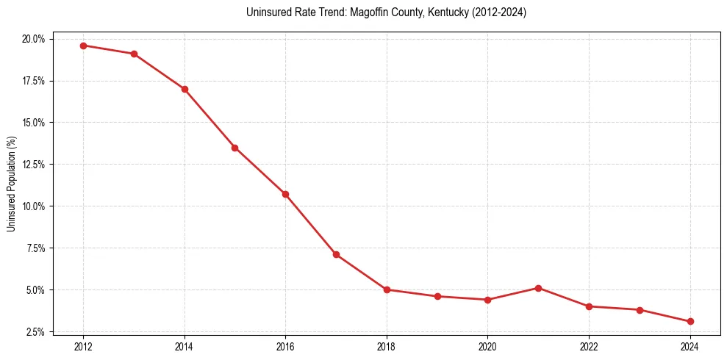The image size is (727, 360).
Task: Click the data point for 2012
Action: [83, 46]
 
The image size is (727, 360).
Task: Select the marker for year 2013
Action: [134, 54]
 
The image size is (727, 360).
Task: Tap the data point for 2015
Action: [234, 148]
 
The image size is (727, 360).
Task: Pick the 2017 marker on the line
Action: [336, 254]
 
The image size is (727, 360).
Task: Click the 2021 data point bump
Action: [538, 288]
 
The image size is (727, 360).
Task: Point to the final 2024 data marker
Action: [690, 321]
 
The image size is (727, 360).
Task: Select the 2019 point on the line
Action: [437, 296]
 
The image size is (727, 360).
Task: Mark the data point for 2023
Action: [640, 310]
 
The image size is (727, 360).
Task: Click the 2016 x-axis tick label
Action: [285, 346]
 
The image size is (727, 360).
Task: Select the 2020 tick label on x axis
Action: [487, 346]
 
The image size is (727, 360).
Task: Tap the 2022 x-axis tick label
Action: [589, 346]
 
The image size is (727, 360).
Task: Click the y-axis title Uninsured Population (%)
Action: [11, 184]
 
